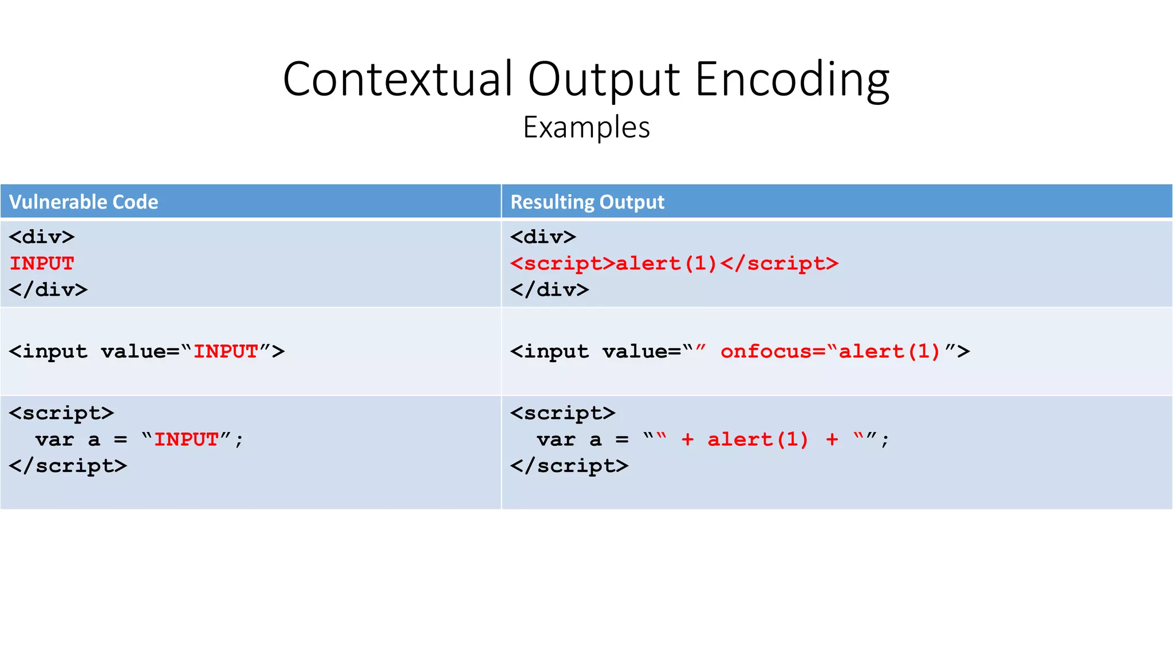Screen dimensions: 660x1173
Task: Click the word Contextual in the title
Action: pos(397,79)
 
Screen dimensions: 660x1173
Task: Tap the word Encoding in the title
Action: pos(792,79)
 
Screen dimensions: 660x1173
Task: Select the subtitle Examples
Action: pos(586,127)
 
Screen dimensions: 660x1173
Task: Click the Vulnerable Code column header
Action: pos(84,202)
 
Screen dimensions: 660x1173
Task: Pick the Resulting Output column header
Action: pos(587,202)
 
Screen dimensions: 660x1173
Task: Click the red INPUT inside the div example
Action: pos(42,264)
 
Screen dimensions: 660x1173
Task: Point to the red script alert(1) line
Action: pos(674,264)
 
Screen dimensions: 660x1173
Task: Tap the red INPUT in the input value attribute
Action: pos(226,351)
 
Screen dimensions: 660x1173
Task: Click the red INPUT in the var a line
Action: pos(187,439)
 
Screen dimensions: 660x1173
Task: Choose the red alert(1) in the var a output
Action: pos(758,439)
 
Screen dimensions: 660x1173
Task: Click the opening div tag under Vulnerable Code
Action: pos(42,237)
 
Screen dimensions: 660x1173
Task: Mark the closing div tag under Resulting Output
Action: pos(549,290)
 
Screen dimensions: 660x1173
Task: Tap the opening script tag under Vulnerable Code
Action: pos(61,413)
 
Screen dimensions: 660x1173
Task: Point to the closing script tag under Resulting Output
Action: pos(569,466)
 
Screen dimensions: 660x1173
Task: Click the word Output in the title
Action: pos(604,79)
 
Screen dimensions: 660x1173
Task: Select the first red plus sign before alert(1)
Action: pos(687,439)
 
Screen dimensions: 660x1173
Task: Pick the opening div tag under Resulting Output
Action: pos(543,237)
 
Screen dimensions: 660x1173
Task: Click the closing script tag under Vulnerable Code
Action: pos(68,466)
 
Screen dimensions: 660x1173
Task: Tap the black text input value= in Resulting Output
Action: pos(596,351)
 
